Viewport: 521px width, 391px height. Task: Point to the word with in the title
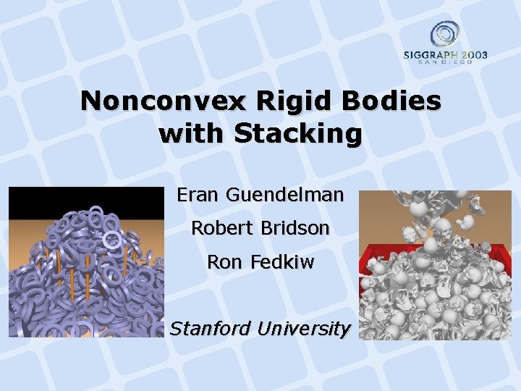[x=190, y=134]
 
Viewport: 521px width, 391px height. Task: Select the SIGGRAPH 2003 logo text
[x=445, y=55]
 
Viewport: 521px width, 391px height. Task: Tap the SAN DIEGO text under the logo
[x=445, y=63]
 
